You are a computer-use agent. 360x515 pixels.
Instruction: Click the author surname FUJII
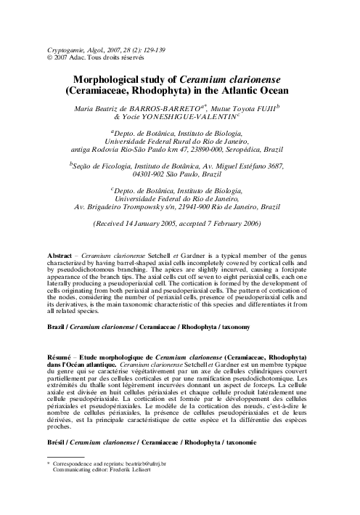[x=269, y=108]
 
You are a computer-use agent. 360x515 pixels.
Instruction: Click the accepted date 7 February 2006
[x=232, y=224]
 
